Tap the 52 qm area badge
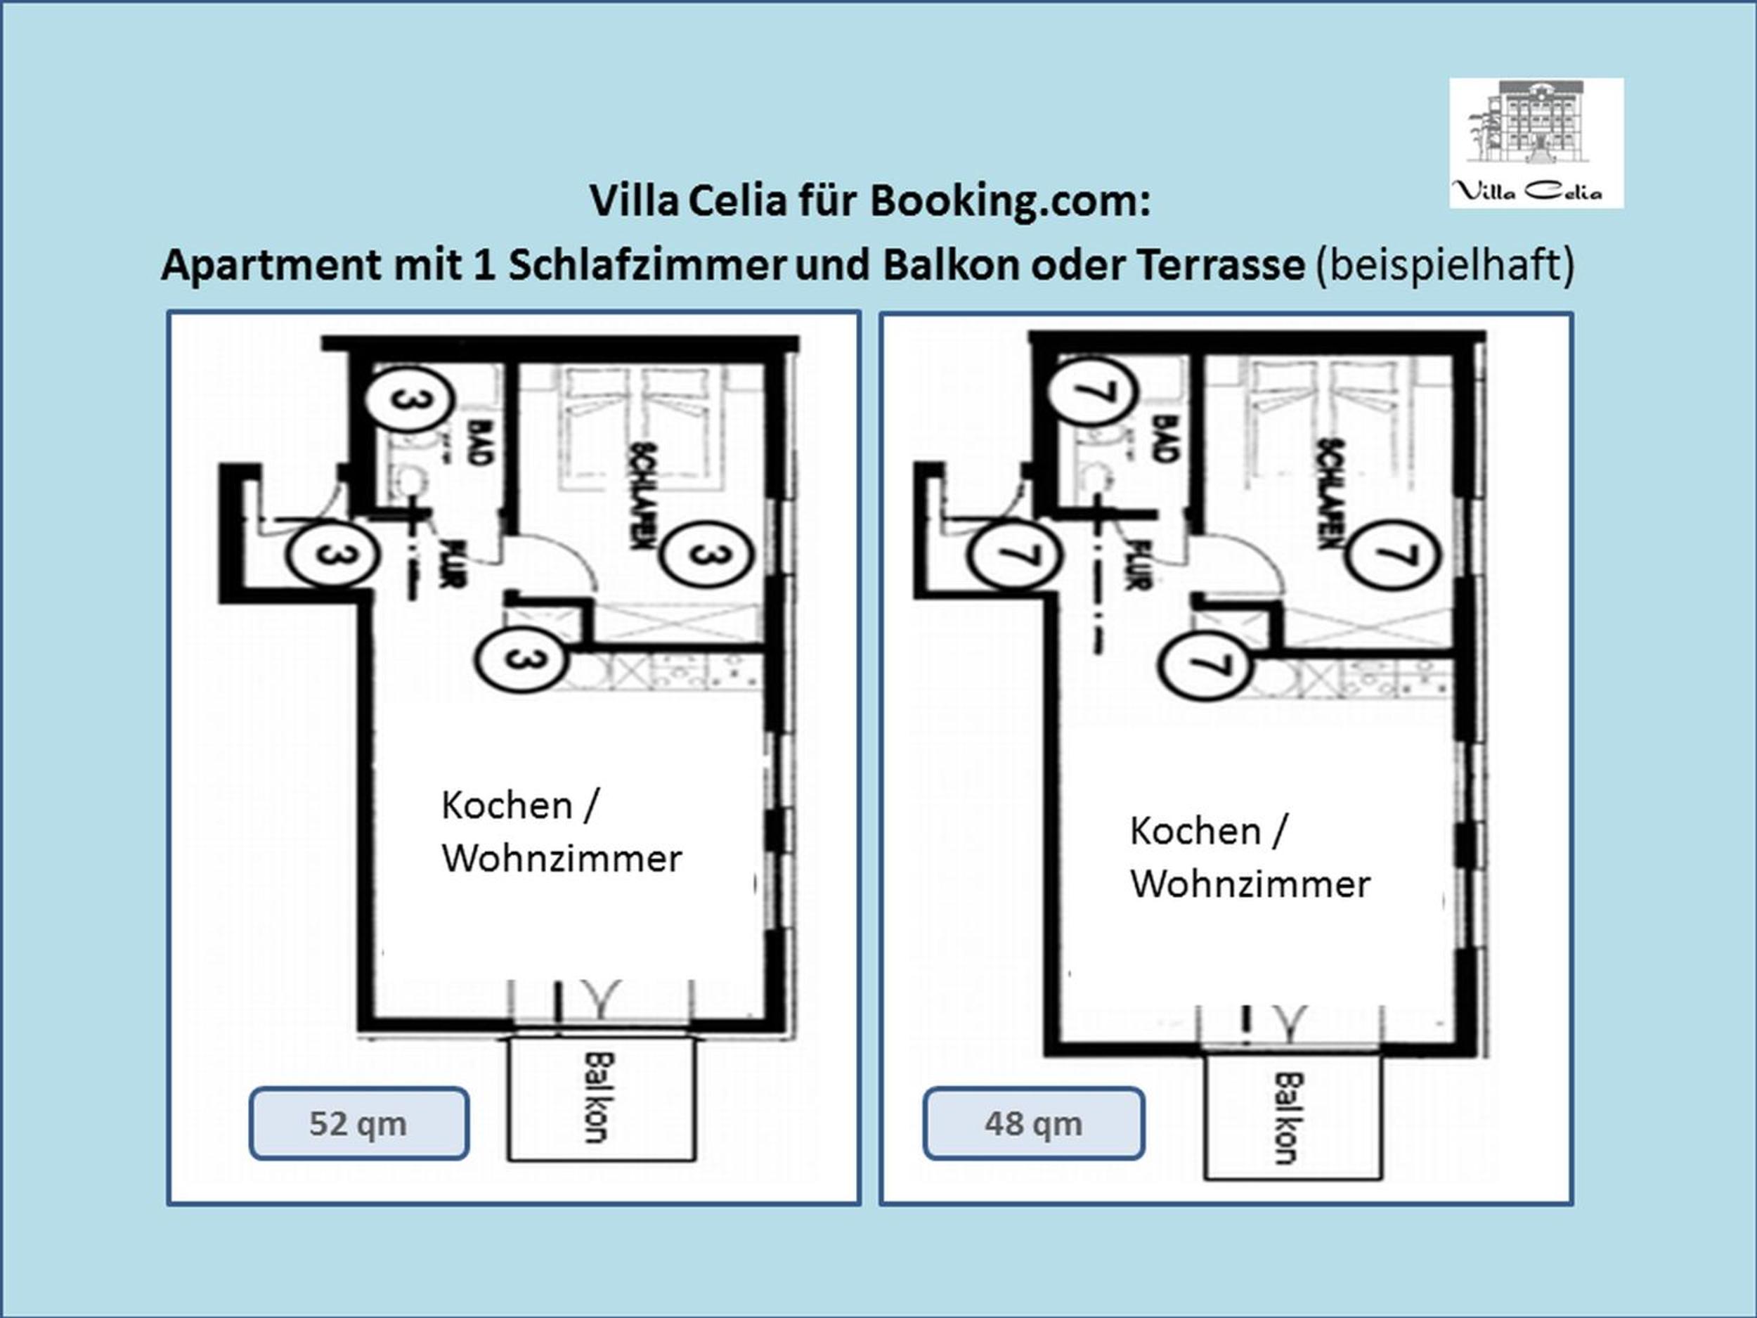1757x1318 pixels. coord(359,1123)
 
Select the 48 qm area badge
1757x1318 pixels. coord(1033,1123)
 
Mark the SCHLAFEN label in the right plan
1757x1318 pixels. coord(1330,493)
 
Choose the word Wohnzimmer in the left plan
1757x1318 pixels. coord(562,859)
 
